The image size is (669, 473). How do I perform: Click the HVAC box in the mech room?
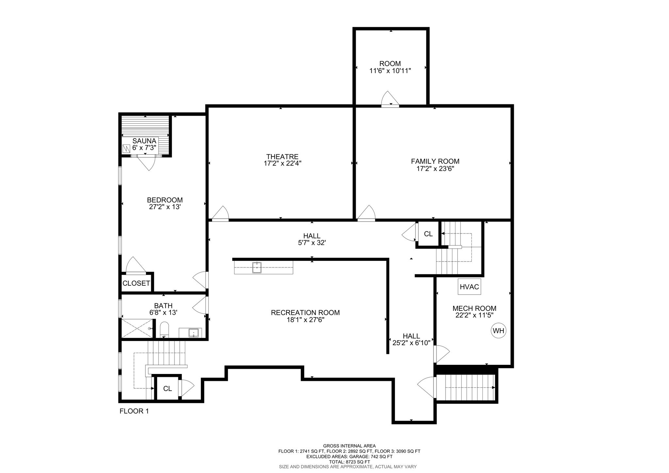click(x=469, y=287)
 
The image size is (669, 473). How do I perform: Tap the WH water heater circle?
click(x=498, y=331)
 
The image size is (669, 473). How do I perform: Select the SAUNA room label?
click(x=144, y=141)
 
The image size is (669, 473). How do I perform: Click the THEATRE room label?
click(x=282, y=157)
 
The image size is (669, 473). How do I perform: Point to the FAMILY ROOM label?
click(x=435, y=161)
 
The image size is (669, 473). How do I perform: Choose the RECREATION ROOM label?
click(x=305, y=313)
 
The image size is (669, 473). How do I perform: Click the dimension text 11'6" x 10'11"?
click(x=390, y=71)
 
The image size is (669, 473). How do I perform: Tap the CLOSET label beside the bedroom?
click(x=136, y=283)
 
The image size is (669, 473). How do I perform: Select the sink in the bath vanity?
click(x=194, y=333)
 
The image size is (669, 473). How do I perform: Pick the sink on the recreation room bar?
click(x=257, y=267)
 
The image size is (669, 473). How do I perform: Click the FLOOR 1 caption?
click(x=134, y=411)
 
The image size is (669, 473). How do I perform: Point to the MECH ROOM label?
click(x=474, y=308)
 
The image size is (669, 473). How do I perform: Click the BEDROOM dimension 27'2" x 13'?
click(x=165, y=207)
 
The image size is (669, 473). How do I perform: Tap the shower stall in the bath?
click(x=137, y=329)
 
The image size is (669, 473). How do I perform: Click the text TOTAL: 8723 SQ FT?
click(x=349, y=462)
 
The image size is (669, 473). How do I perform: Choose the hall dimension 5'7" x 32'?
click(x=312, y=243)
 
